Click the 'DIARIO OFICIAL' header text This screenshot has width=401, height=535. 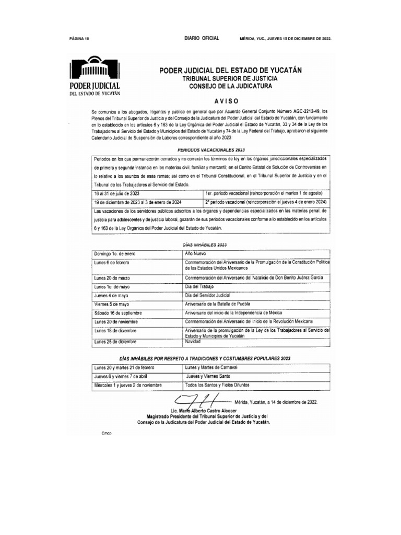point(202,39)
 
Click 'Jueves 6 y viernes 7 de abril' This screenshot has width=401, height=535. point(121,376)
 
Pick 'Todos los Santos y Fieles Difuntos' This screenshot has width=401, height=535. point(217,385)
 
